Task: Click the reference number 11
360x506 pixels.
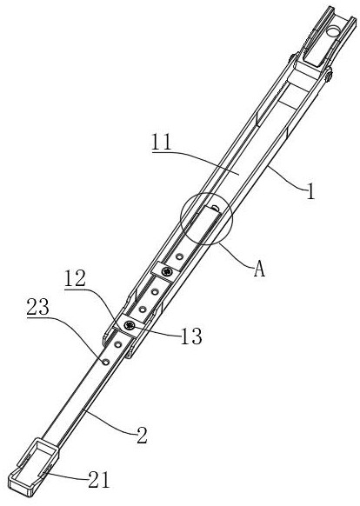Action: (162, 142)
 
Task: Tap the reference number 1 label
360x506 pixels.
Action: (310, 190)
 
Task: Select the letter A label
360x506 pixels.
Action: (259, 270)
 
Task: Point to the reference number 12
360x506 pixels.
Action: (75, 279)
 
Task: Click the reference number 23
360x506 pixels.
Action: (37, 307)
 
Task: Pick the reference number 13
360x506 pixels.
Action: (191, 336)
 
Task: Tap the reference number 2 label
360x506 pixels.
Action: (142, 436)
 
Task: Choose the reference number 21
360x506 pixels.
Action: (99, 481)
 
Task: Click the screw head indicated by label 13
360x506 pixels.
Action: (130, 325)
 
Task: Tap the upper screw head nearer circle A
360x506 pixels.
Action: (167, 272)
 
